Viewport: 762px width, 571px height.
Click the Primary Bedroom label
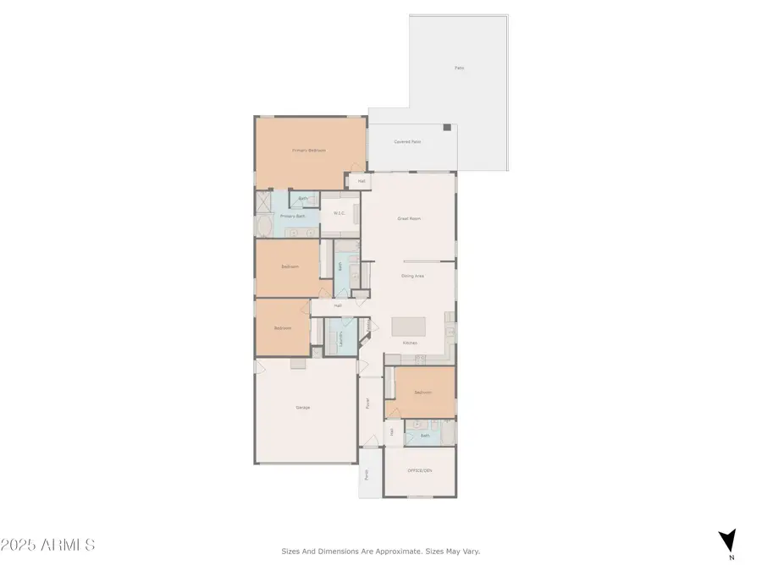[309, 151]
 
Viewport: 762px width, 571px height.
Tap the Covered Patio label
[407, 142]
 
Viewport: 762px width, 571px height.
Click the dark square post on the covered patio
[447, 127]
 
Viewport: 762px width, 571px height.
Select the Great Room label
[409, 219]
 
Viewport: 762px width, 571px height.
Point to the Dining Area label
[412, 276]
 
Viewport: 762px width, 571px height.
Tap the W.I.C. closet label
[338, 213]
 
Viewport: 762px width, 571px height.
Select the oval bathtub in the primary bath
[264, 227]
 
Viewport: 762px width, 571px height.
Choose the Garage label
[302, 408]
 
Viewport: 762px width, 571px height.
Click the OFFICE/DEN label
[419, 471]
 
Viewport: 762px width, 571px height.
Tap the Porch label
[367, 475]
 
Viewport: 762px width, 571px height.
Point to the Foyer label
[367, 404]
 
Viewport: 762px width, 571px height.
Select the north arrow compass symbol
[726, 540]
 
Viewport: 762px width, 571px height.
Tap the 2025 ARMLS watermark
[47, 546]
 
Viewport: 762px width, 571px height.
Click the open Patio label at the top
[459, 68]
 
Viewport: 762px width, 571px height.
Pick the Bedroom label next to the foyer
[423, 393]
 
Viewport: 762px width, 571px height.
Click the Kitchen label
[410, 343]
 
